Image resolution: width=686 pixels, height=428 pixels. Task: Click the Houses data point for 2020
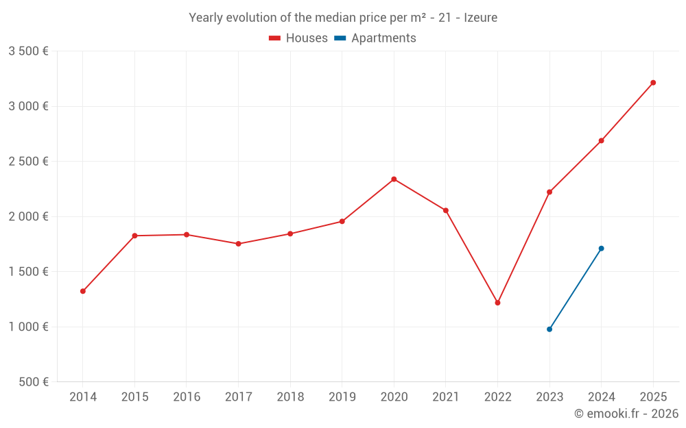point(394,179)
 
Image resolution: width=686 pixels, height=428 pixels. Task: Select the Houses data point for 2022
point(497,303)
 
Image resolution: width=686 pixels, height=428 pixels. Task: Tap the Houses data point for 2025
point(653,83)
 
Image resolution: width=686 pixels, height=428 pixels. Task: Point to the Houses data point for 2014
point(83,291)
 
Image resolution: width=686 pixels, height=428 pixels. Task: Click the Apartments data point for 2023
point(549,329)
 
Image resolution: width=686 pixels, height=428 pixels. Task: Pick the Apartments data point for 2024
point(601,249)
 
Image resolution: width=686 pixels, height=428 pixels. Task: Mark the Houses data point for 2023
point(549,192)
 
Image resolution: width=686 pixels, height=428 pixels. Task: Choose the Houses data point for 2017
point(238,244)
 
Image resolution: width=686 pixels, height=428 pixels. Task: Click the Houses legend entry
point(298,38)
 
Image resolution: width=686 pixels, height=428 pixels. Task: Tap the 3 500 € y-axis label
point(28,51)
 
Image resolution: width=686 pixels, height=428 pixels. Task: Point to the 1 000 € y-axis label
point(28,327)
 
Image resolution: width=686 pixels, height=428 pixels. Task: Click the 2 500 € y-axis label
point(28,162)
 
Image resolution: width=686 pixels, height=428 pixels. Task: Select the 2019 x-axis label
point(342,397)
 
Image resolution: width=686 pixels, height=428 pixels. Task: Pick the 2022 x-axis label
point(497,397)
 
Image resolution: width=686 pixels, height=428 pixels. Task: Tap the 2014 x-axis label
point(83,397)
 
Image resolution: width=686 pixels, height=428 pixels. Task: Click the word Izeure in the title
point(480,18)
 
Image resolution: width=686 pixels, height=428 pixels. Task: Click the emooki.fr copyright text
point(626,414)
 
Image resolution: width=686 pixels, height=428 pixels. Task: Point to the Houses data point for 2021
point(446,210)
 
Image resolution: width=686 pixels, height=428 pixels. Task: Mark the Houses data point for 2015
point(134,236)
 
